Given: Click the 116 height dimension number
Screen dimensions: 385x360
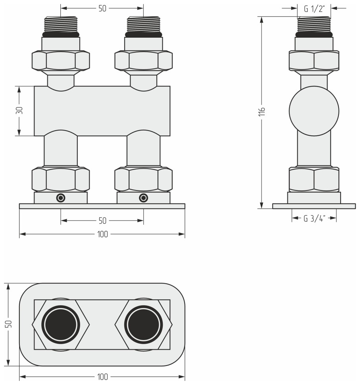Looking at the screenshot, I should coord(261,111).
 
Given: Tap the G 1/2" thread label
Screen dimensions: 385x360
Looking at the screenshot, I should coord(314,8).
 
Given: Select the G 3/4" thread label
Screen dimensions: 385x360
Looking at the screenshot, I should coord(314,218).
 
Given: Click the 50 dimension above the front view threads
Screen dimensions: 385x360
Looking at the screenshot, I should coord(102,8).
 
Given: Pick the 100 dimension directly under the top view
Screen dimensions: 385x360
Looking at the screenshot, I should coord(102,377).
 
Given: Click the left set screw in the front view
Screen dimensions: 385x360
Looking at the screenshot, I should coord(61,198).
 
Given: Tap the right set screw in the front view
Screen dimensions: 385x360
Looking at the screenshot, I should coord(143,198).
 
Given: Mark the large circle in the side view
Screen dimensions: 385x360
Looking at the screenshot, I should coord(314,111).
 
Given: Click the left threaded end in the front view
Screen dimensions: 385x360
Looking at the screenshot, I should coord(61,25).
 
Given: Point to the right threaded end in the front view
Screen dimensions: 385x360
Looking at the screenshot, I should coord(143,25).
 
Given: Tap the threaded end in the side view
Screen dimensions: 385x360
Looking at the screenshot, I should coord(314,25).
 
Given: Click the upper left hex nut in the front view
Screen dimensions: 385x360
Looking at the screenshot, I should coord(61,61).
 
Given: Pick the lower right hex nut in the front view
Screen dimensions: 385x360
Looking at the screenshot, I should coord(143,179).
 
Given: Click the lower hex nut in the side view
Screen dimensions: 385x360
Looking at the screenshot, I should coord(314,179).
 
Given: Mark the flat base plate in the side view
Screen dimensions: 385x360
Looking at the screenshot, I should coord(314,206).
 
